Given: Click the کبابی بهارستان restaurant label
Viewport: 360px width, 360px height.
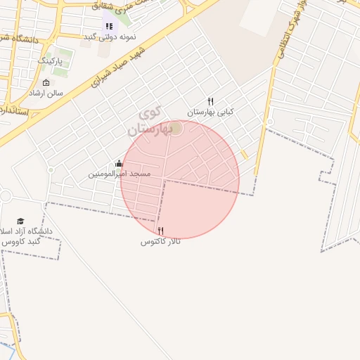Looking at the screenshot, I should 210,112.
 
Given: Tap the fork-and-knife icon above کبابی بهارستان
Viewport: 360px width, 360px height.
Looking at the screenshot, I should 210,101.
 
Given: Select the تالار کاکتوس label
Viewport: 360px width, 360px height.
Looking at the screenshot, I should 160,242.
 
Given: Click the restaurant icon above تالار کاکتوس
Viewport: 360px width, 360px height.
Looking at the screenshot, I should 160,231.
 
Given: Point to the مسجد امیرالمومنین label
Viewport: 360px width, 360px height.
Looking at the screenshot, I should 119,174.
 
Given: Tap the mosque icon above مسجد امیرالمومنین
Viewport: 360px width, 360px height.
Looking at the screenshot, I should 119,164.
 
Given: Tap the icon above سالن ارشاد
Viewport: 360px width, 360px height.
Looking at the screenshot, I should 46,82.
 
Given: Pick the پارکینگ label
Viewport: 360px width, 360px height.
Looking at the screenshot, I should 49,61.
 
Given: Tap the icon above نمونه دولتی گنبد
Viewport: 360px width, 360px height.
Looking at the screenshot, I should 109,26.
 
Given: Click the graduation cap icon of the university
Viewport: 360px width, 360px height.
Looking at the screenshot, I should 20,221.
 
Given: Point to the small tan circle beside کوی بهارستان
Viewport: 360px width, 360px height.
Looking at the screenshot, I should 176,127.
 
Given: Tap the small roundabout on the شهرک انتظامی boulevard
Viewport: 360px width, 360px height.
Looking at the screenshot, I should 270,122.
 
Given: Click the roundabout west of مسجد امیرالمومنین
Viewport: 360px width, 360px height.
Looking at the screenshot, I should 51,169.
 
